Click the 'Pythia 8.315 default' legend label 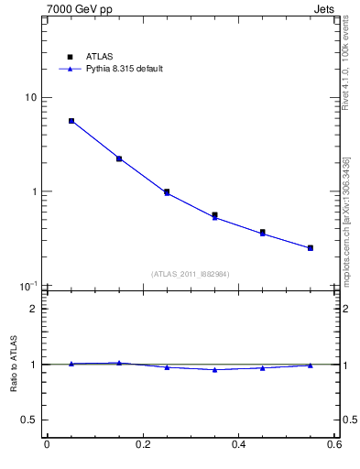click(125, 69)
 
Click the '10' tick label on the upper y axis click(30, 98)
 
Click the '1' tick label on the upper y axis click(33, 192)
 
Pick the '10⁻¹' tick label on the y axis click(28, 287)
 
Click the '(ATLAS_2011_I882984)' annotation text click(191, 274)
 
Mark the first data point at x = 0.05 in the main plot click(71, 121)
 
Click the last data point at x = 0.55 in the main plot click(311, 247)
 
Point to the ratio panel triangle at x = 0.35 click(214, 370)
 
